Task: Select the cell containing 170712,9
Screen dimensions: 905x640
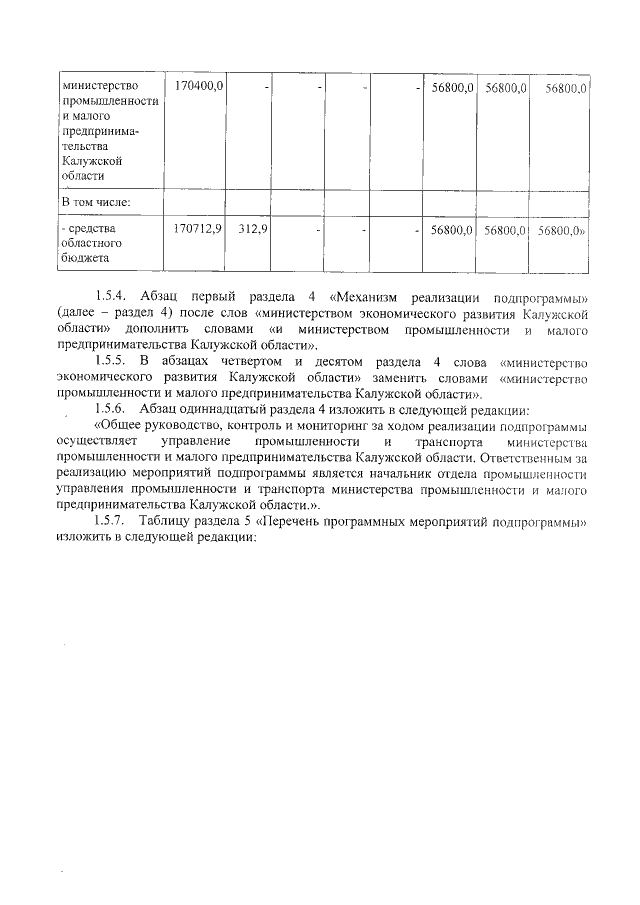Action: (x=198, y=229)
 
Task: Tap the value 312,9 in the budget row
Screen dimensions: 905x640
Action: (x=253, y=229)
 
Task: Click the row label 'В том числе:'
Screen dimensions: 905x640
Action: (x=97, y=203)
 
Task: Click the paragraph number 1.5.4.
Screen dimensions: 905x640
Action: (x=112, y=297)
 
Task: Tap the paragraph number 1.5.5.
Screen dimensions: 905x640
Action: (x=112, y=361)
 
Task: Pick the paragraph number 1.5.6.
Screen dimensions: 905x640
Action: (x=112, y=409)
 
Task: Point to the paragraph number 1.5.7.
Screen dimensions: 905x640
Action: (x=112, y=521)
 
